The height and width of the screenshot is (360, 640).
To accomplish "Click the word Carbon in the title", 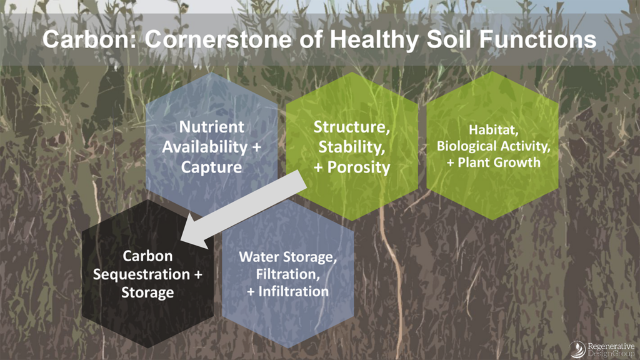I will point(87,39).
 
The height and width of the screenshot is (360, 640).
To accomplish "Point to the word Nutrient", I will point(212,127).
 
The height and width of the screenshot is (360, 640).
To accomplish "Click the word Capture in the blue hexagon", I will point(212,167).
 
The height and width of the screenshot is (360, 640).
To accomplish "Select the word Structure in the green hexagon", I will point(351,127).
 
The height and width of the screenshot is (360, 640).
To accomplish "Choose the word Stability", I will point(351,147).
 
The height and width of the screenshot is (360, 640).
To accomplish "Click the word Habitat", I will point(493,130).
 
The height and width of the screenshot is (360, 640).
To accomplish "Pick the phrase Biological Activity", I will point(493,147).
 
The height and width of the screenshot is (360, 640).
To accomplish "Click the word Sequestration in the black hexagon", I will point(141,274).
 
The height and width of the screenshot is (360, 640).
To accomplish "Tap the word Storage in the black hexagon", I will point(147,292).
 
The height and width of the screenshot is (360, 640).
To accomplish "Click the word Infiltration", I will point(294,291).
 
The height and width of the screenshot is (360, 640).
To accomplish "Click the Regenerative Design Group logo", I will point(604,348).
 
